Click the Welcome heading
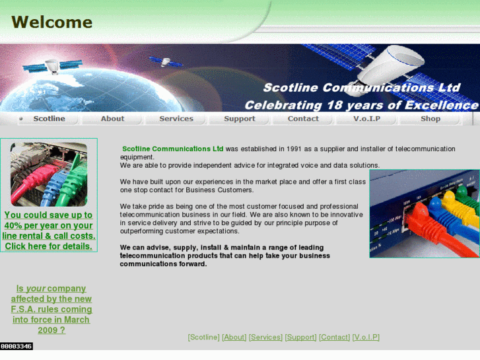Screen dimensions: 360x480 click(51, 22)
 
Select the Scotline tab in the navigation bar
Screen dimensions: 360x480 click(49, 119)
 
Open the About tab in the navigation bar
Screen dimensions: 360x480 click(112, 119)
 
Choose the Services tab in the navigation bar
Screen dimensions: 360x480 click(176, 119)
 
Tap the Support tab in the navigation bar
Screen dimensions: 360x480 click(239, 119)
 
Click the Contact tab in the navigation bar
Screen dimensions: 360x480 click(303, 119)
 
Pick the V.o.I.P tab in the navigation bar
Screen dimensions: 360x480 click(366, 119)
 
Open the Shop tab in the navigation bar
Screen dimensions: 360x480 click(430, 119)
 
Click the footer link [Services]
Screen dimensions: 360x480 click(265, 338)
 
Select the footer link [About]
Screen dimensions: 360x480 click(234, 338)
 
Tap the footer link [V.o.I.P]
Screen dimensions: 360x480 click(366, 338)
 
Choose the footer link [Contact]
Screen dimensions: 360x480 click(334, 338)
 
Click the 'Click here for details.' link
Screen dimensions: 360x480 click(48, 246)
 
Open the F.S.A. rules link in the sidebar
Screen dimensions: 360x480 click(51, 309)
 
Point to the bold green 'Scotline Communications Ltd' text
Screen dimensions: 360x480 click(173, 149)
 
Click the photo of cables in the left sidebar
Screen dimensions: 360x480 click(48, 174)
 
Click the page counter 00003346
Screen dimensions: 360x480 click(17, 346)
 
